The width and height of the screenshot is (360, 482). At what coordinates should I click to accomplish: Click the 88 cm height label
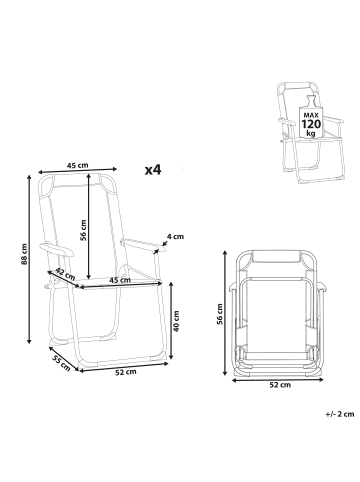(x=24, y=254)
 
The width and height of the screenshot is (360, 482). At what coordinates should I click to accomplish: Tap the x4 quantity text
(x=153, y=170)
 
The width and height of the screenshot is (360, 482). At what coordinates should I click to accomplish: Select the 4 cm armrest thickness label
(x=175, y=237)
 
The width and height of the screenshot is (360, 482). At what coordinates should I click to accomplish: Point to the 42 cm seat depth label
(x=65, y=274)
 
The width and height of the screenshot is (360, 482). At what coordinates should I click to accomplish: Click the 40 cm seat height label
(x=176, y=321)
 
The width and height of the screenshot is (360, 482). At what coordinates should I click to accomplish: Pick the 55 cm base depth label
(x=61, y=363)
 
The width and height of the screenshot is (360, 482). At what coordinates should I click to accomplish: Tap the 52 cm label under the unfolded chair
(x=126, y=372)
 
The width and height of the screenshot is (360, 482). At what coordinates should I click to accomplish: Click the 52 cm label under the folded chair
(x=280, y=385)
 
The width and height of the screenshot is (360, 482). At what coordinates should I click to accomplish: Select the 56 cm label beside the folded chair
(x=220, y=314)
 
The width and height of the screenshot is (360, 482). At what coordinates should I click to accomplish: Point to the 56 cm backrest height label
(x=83, y=230)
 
